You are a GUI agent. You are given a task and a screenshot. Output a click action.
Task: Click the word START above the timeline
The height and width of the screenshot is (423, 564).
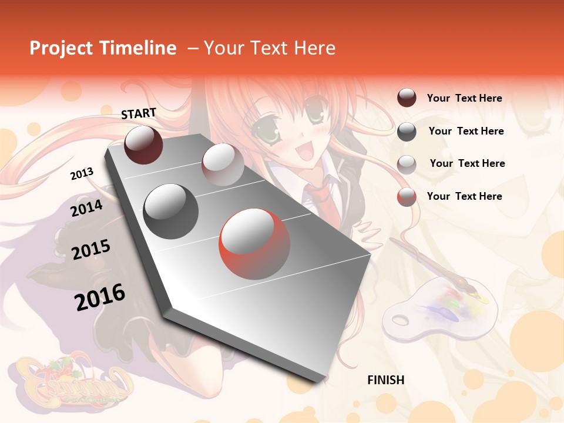click(x=139, y=113)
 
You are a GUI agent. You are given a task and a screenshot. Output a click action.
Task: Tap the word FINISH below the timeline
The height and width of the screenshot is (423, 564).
click(x=385, y=380)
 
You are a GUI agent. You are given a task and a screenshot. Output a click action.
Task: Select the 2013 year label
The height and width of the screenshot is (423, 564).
click(x=82, y=174)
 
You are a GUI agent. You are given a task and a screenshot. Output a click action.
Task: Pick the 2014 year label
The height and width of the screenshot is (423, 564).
click(x=86, y=208)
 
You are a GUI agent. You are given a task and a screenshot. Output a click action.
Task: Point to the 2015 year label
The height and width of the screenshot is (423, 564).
click(x=90, y=250)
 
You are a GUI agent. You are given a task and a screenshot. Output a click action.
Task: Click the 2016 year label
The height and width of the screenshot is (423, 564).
click(x=100, y=297)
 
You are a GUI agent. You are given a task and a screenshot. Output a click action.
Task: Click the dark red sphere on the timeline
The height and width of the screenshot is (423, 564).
click(x=143, y=145)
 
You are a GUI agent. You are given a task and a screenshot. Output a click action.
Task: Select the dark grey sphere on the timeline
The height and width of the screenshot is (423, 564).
click(x=171, y=211)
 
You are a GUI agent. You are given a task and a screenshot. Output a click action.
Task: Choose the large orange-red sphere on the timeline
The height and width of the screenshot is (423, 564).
click(x=254, y=244)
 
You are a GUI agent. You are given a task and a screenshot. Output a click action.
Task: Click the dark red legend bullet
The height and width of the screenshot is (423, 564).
click(x=407, y=98)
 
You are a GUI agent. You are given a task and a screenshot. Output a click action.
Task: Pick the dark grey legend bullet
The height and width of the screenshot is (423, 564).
click(x=407, y=132)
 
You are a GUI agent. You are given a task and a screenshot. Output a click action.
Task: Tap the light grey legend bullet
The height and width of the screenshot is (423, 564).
click(x=407, y=164)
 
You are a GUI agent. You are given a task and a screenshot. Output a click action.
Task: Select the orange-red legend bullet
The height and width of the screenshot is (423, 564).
click(x=407, y=197)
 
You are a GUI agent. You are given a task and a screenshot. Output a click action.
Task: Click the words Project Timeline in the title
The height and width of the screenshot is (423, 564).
click(x=103, y=48)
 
